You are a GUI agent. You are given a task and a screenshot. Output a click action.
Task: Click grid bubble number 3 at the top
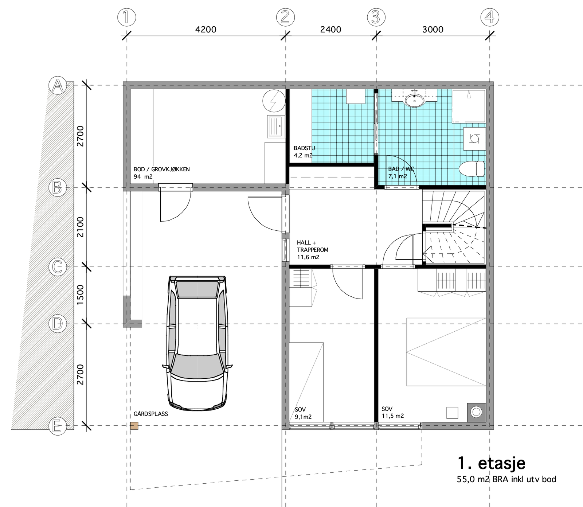[x=376, y=17]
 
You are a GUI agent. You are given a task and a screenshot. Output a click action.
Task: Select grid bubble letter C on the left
[x=57, y=267]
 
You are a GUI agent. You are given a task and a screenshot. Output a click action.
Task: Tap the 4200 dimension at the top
[x=206, y=30]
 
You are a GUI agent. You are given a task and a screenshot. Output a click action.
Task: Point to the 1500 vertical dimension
[x=81, y=295]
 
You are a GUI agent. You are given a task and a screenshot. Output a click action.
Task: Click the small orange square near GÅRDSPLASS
[x=134, y=425]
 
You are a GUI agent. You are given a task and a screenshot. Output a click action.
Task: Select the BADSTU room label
[x=304, y=148]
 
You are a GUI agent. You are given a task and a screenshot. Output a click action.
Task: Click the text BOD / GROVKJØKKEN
[x=161, y=169]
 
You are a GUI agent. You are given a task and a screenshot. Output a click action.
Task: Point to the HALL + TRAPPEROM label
[x=312, y=246]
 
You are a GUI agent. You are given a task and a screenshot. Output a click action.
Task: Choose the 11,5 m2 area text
[x=392, y=416]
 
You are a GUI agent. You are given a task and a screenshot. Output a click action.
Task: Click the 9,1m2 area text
[x=303, y=417]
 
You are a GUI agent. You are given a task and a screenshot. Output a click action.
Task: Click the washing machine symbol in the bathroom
[x=474, y=139]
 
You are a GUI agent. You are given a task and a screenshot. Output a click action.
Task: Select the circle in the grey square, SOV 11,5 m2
[x=476, y=412]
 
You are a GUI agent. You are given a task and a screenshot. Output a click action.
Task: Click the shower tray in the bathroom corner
[x=469, y=106]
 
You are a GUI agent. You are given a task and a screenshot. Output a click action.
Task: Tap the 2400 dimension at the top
[x=330, y=30]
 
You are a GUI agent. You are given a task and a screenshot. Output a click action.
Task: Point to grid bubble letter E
[x=57, y=426]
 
